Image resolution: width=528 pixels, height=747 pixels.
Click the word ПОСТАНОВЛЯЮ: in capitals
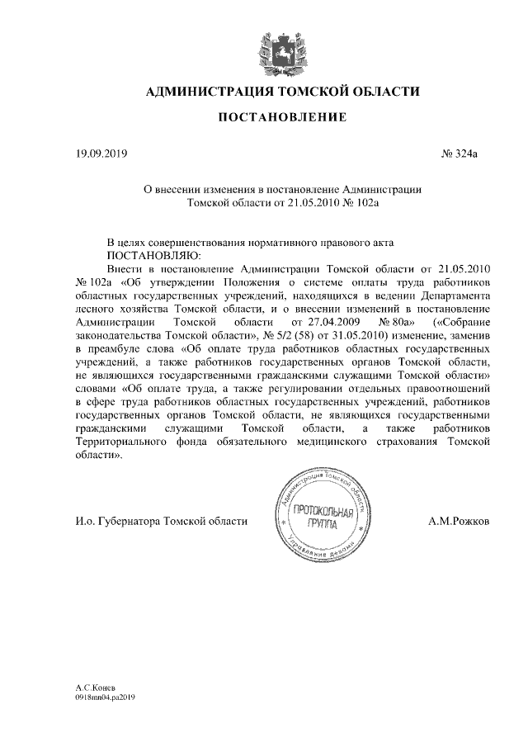tap(148, 256)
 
